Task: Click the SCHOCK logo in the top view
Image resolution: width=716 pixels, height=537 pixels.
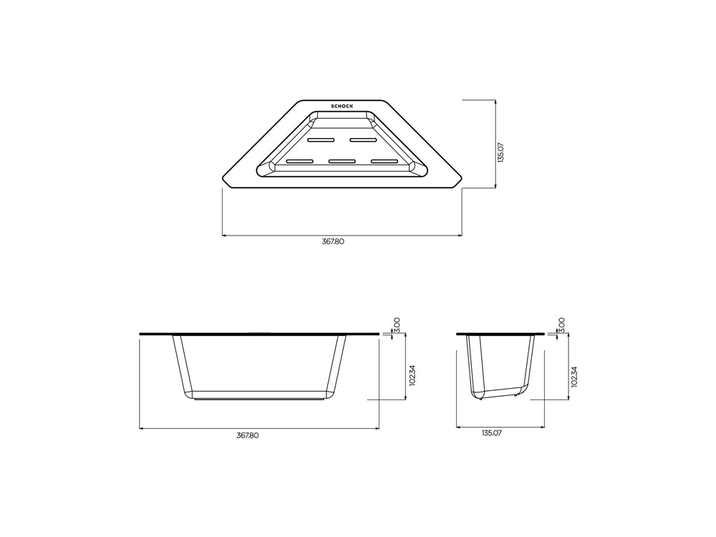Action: (342, 106)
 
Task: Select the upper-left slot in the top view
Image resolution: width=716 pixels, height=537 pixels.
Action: (321, 139)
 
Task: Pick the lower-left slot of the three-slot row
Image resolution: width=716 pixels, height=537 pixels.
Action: (299, 161)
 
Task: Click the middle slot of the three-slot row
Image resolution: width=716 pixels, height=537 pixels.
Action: (342, 161)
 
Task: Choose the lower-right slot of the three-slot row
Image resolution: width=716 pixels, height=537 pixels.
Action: (384, 161)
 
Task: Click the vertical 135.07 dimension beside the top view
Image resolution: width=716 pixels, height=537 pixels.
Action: (500, 152)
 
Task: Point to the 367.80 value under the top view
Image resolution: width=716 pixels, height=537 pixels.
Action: (333, 242)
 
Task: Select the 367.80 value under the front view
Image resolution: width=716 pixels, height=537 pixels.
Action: (248, 435)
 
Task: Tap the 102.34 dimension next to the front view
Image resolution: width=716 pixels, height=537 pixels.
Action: (412, 376)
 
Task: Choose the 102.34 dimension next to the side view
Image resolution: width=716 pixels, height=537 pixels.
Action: (574, 376)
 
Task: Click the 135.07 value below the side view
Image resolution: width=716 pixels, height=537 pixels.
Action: (492, 433)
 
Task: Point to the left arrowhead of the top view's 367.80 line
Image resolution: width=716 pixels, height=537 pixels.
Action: (224, 235)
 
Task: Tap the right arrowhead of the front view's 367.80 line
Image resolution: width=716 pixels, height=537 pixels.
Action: (377, 428)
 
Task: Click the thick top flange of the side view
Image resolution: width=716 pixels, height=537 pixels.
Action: (500, 334)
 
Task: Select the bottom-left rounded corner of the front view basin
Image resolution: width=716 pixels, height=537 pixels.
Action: (188, 394)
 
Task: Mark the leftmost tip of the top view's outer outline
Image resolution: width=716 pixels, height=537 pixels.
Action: (223, 179)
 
